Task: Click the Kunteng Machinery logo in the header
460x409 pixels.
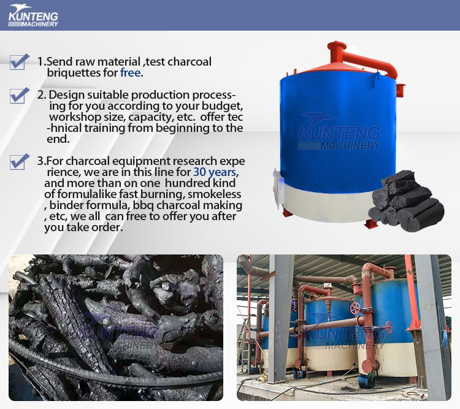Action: pos(33,15)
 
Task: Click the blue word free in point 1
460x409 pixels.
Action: pos(130,73)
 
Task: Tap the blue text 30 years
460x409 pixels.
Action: pos(215,172)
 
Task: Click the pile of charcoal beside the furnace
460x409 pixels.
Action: pos(406,202)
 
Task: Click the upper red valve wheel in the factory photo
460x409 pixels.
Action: pos(355,308)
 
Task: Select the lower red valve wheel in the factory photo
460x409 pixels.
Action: pos(389,327)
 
